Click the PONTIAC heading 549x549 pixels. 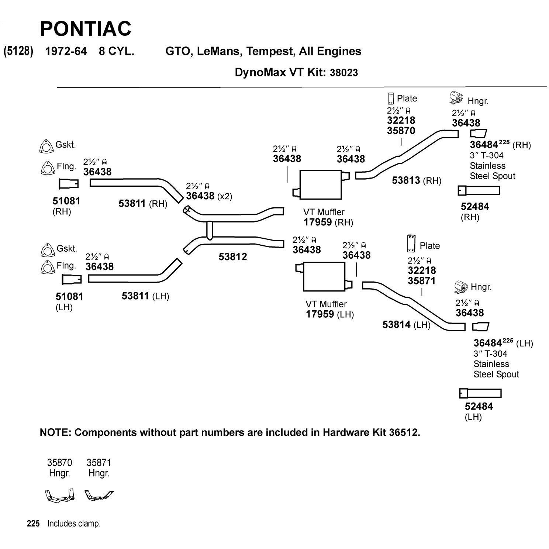click(x=85, y=28)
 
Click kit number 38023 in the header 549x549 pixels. click(x=343, y=73)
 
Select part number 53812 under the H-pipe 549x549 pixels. click(x=232, y=257)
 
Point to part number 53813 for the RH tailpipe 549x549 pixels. click(x=406, y=180)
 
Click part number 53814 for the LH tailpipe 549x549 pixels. click(x=396, y=325)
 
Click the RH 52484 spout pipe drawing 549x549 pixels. click(x=479, y=191)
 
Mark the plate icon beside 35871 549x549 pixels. click(x=411, y=244)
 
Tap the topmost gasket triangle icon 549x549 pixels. click(x=46, y=146)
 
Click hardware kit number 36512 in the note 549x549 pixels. click(x=404, y=432)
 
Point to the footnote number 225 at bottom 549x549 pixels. click(x=33, y=524)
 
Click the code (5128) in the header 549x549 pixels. click(x=18, y=51)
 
